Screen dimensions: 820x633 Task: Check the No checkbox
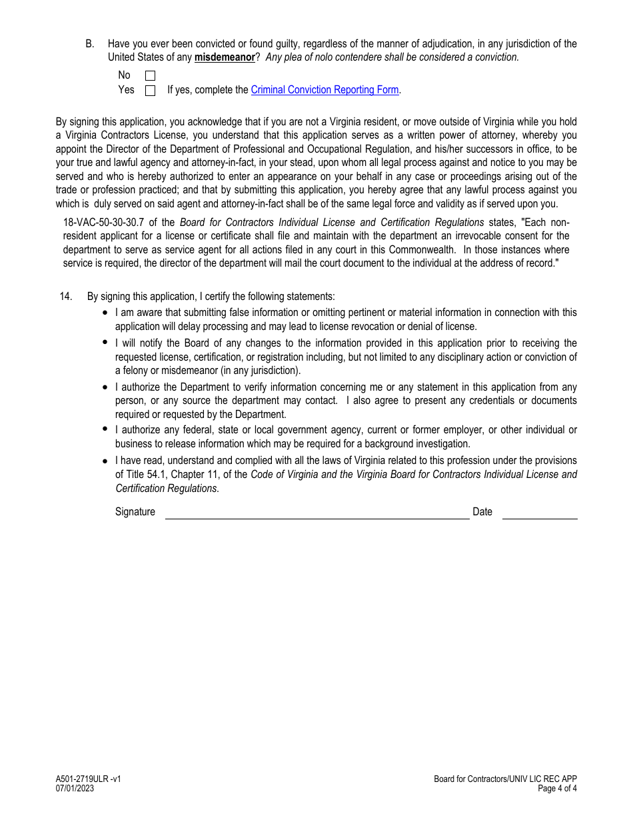click(x=150, y=76)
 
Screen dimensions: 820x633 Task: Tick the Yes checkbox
click(x=150, y=91)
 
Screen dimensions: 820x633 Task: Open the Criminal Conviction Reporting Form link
click(x=324, y=90)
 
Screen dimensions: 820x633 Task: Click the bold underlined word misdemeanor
click(x=225, y=57)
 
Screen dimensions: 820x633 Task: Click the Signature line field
click(x=317, y=512)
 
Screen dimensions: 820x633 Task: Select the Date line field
click(x=540, y=512)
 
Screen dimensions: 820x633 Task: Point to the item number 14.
click(x=65, y=296)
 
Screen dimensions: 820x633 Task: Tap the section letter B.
click(x=89, y=44)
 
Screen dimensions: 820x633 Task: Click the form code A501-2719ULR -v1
click(x=89, y=779)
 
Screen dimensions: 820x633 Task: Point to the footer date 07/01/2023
click(x=75, y=788)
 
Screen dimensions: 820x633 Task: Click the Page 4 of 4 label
click(x=558, y=788)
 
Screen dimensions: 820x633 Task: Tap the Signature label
click(x=135, y=512)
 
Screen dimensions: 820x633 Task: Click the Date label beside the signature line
click(x=482, y=512)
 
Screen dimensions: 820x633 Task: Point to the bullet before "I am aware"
click(x=105, y=313)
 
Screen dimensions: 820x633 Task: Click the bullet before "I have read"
click(x=105, y=461)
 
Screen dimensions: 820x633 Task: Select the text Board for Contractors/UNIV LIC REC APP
click(x=505, y=779)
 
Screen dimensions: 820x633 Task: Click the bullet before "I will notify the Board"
click(x=105, y=343)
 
